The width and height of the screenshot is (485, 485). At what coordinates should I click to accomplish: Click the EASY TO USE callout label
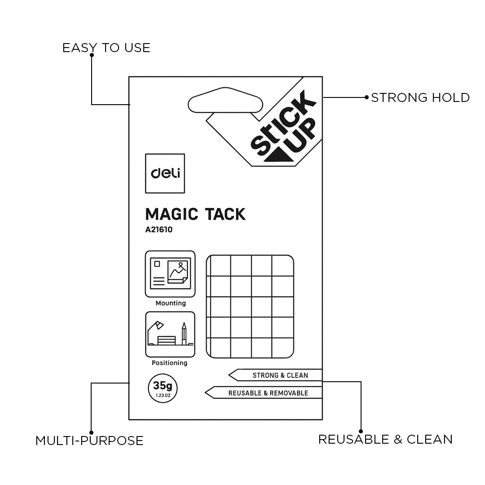pyautogui.click(x=106, y=48)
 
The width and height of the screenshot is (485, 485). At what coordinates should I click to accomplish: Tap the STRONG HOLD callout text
pyautogui.click(x=420, y=97)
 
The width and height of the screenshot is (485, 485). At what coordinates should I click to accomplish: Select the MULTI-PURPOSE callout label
pyautogui.click(x=89, y=441)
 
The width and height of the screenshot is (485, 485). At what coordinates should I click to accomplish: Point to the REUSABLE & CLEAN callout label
pyautogui.click(x=385, y=439)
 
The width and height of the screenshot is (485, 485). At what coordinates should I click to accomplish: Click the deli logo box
pyautogui.click(x=165, y=173)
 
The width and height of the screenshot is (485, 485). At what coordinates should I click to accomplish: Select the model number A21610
pyautogui.click(x=159, y=230)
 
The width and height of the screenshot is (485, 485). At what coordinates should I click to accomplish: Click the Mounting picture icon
pyautogui.click(x=170, y=274)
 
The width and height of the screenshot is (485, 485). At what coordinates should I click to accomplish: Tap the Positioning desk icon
pyautogui.click(x=170, y=334)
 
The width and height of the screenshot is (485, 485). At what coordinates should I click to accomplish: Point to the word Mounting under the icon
pyautogui.click(x=171, y=303)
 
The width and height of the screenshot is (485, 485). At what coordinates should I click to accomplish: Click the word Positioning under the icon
pyautogui.click(x=170, y=363)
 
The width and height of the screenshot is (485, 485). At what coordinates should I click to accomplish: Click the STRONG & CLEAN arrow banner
pyautogui.click(x=276, y=375)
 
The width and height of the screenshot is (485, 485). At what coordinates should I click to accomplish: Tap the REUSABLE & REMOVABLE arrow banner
pyautogui.click(x=265, y=393)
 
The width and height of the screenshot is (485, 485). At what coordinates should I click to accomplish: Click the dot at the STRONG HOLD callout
pyautogui.click(x=367, y=97)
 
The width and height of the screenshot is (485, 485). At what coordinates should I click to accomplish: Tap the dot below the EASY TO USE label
pyautogui.click(x=92, y=55)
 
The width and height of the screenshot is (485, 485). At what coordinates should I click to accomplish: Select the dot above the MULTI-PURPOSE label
pyautogui.click(x=91, y=432)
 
